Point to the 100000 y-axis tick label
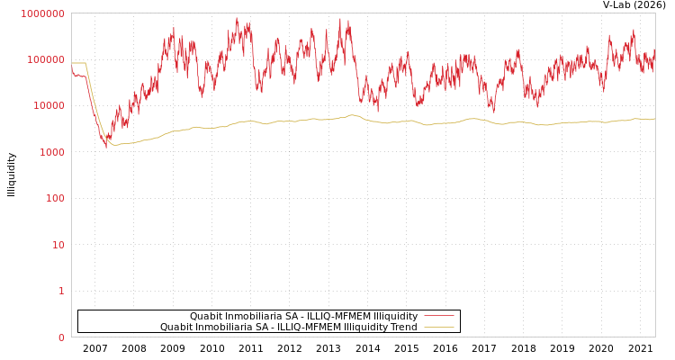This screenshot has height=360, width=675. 46,59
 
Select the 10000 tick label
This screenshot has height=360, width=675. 49,105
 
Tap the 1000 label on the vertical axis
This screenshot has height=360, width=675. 51,152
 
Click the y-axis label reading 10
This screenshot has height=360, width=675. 58,245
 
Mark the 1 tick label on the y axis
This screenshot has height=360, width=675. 61,291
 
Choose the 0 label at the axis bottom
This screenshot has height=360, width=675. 61,337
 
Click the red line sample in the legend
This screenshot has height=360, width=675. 438,316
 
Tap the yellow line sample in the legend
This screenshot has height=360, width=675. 438,327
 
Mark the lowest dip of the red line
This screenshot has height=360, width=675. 105,146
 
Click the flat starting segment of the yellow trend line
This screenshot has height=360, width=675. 79,63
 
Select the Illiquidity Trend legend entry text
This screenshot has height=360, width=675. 288,327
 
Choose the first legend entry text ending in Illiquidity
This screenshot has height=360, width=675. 303,316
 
